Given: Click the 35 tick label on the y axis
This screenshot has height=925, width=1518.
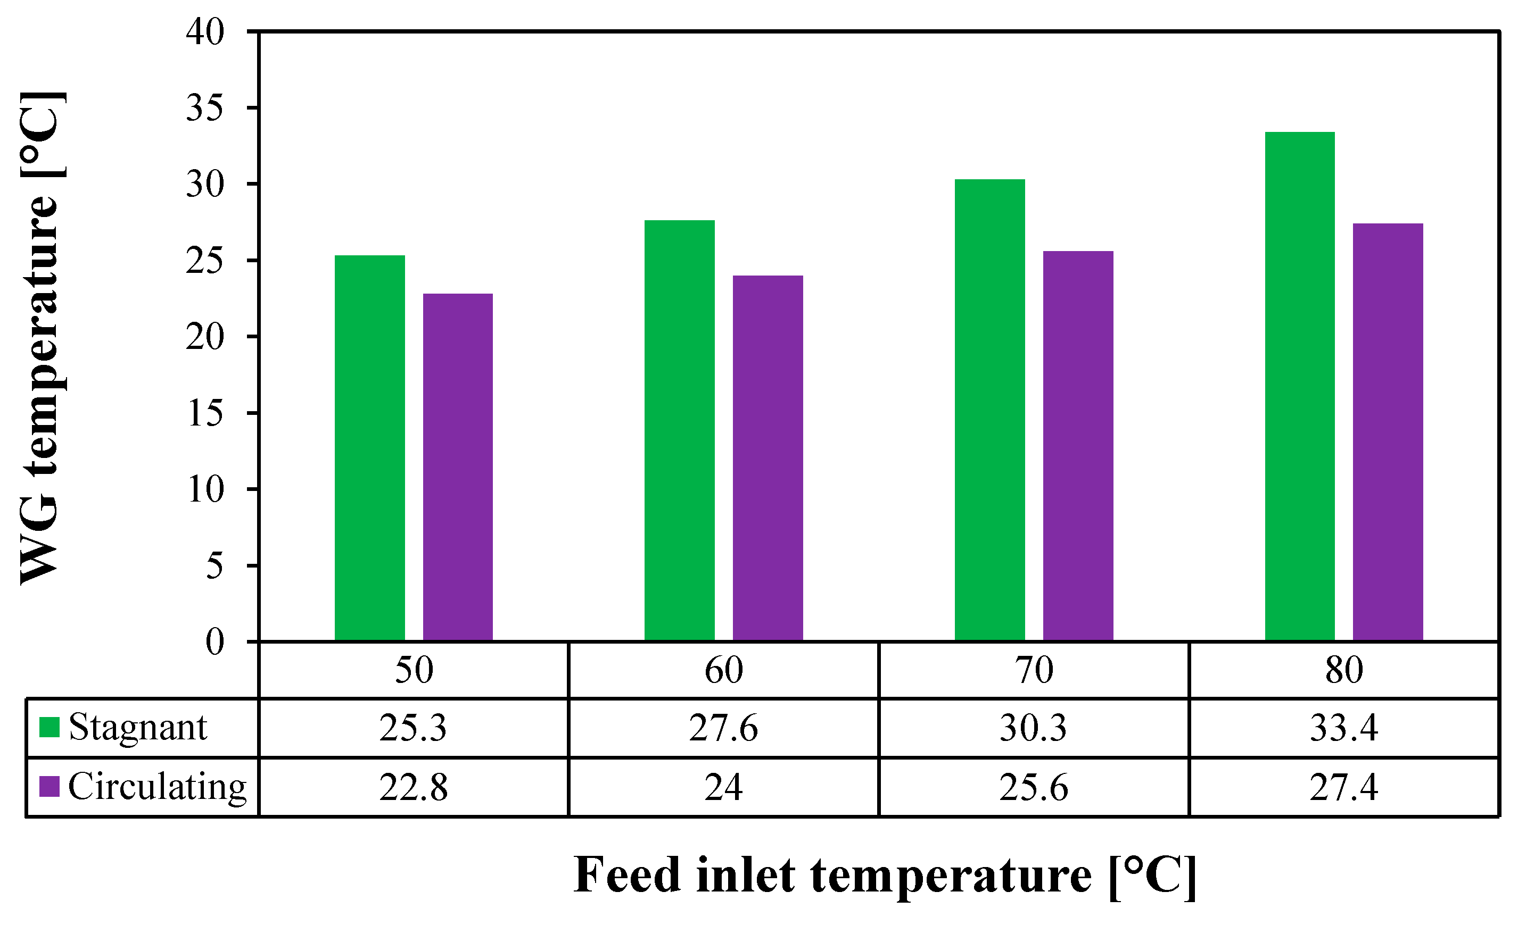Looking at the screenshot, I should [205, 109].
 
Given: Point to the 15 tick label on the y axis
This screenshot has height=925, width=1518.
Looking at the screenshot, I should [205, 413].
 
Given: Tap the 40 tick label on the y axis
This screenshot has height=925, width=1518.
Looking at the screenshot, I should [205, 32].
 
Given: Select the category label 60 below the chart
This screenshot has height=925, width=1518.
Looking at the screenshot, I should [723, 670].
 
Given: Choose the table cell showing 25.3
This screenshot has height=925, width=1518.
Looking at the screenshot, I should [413, 728].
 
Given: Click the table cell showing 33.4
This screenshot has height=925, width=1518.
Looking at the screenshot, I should [1343, 728].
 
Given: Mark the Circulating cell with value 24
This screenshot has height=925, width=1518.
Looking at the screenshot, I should [723, 787].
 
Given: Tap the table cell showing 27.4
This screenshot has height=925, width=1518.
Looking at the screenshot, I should [1343, 787].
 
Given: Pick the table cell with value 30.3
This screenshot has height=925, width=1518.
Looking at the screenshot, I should [1033, 728].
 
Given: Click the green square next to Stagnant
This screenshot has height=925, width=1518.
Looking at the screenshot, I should [49, 727].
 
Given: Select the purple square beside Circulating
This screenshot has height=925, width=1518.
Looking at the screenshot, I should [49, 786].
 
